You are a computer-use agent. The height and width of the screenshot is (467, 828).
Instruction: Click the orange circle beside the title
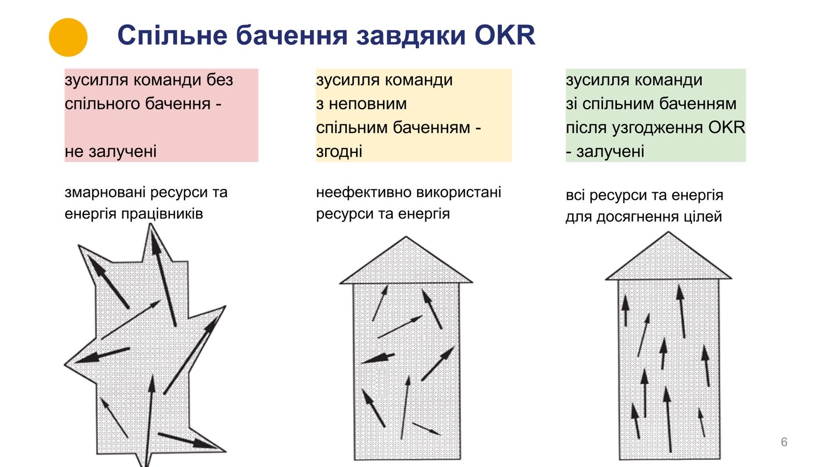coord(68,37)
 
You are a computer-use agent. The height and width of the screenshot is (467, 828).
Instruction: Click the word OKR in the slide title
coord(505,35)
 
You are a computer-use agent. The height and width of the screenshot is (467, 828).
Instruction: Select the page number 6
coord(784,442)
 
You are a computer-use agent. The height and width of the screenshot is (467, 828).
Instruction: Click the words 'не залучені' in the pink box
coord(110,152)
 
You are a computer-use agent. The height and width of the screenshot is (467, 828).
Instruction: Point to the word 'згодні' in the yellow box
coord(339,152)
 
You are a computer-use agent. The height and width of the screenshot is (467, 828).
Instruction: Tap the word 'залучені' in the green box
coord(610,152)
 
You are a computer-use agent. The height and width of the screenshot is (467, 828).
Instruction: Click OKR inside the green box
coord(727,127)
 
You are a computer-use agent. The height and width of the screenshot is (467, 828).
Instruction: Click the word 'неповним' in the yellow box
coord(367,104)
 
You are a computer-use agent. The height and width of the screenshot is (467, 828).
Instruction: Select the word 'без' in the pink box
coord(220,80)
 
